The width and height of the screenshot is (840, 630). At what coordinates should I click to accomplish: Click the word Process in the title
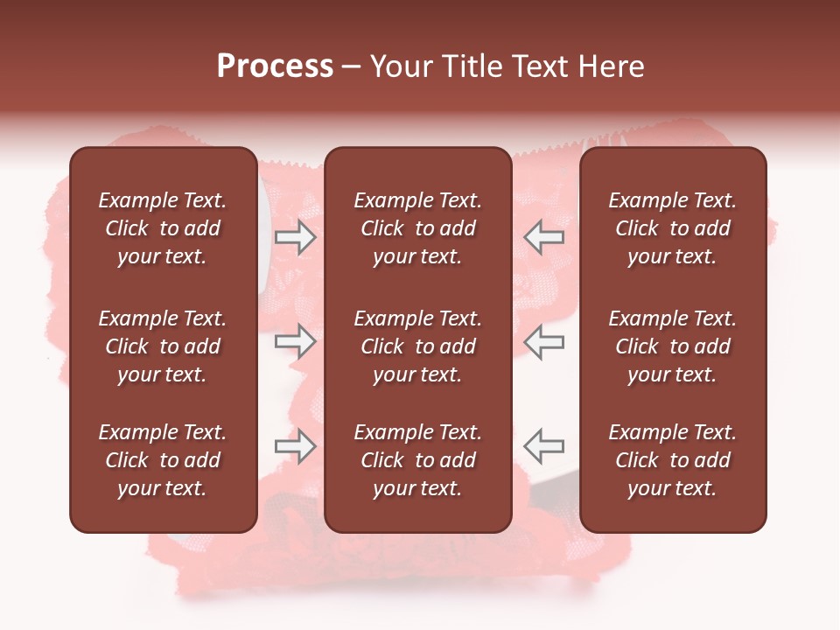point(275,66)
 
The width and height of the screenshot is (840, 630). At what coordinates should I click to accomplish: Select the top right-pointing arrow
point(295,237)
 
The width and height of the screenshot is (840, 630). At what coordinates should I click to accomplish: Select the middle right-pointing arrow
point(295,342)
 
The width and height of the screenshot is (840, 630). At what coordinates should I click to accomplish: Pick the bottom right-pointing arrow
point(295,446)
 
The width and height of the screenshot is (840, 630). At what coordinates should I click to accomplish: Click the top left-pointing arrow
point(543,237)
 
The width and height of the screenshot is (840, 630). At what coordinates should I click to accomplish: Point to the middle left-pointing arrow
point(543,342)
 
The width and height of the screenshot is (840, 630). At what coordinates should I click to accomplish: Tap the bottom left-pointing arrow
point(543,446)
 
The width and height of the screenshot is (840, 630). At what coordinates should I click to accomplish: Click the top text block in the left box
point(163,228)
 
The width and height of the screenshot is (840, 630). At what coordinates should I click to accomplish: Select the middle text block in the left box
point(163,346)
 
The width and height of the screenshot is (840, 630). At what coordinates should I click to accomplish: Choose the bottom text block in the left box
point(163,460)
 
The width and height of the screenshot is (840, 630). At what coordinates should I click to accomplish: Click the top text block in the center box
point(417,228)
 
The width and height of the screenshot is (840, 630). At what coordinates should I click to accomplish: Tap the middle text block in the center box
point(417,346)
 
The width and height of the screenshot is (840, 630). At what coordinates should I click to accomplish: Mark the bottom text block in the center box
point(417,460)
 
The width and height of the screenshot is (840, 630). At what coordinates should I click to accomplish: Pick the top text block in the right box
point(672,228)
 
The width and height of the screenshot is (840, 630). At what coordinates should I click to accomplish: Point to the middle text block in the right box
point(672,346)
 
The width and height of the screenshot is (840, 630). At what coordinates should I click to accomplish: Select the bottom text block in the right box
point(672,460)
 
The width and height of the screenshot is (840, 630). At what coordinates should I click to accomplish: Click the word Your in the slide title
point(402,66)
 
